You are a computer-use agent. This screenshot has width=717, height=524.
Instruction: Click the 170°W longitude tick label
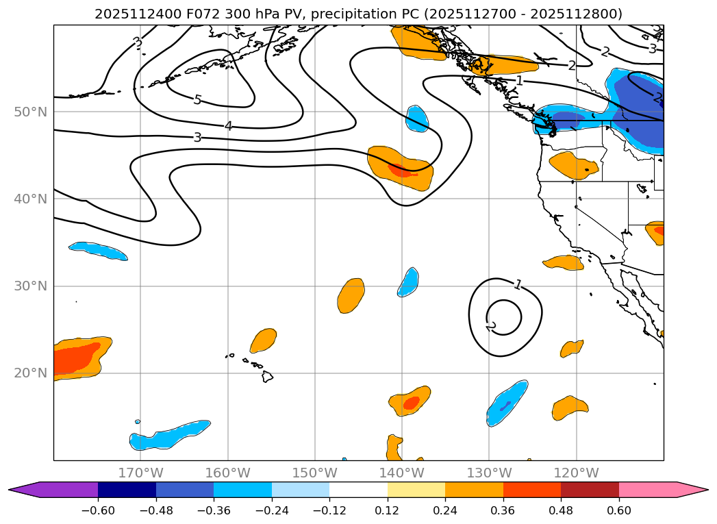click(x=140, y=473)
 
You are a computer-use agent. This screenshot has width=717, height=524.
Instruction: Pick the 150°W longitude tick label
click(x=314, y=473)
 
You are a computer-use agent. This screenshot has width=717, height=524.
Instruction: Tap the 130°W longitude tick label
click(x=489, y=473)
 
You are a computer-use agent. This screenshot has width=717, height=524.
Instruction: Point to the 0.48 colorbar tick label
click(x=561, y=510)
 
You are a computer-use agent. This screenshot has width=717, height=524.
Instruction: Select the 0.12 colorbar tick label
click(x=387, y=510)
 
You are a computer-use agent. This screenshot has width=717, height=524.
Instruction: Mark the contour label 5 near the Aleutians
click(x=197, y=100)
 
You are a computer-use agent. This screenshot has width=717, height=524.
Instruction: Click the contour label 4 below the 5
click(x=228, y=126)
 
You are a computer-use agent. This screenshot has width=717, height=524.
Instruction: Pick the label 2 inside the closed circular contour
click(x=490, y=326)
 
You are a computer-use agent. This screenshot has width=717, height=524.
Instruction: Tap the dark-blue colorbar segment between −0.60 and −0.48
click(x=127, y=490)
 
